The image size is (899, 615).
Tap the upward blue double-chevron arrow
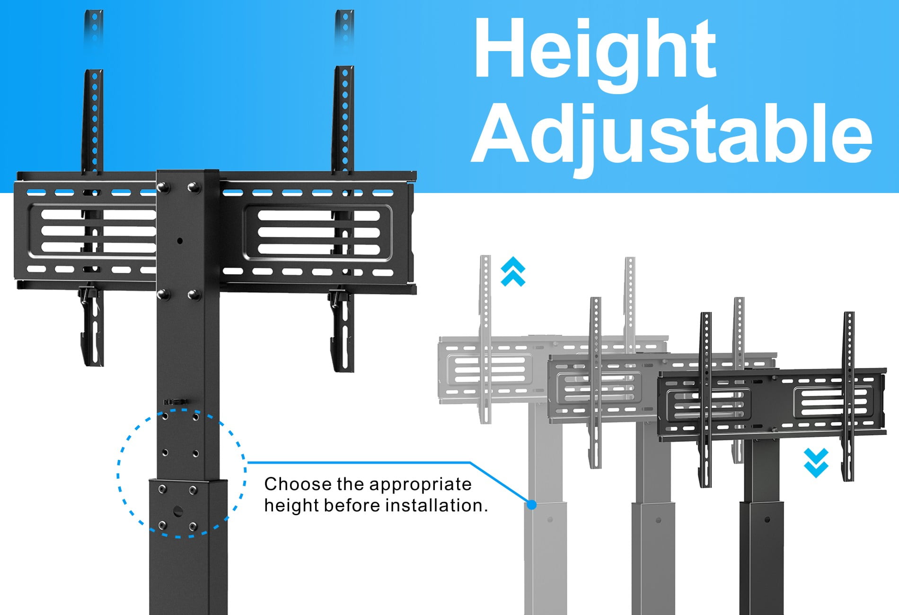coord(513,272)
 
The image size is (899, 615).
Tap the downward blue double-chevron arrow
coord(816,463)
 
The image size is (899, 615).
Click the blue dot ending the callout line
coord(532,505)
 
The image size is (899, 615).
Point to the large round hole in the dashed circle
coord(178,511)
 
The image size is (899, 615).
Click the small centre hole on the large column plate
coord(180,241)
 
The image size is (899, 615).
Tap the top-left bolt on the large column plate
coord(163,187)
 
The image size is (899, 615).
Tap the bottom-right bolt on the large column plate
coord(194,296)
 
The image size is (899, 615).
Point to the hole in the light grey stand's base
coord(550,519)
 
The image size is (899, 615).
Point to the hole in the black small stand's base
coord(767,519)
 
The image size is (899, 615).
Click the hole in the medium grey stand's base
coord(659,520)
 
